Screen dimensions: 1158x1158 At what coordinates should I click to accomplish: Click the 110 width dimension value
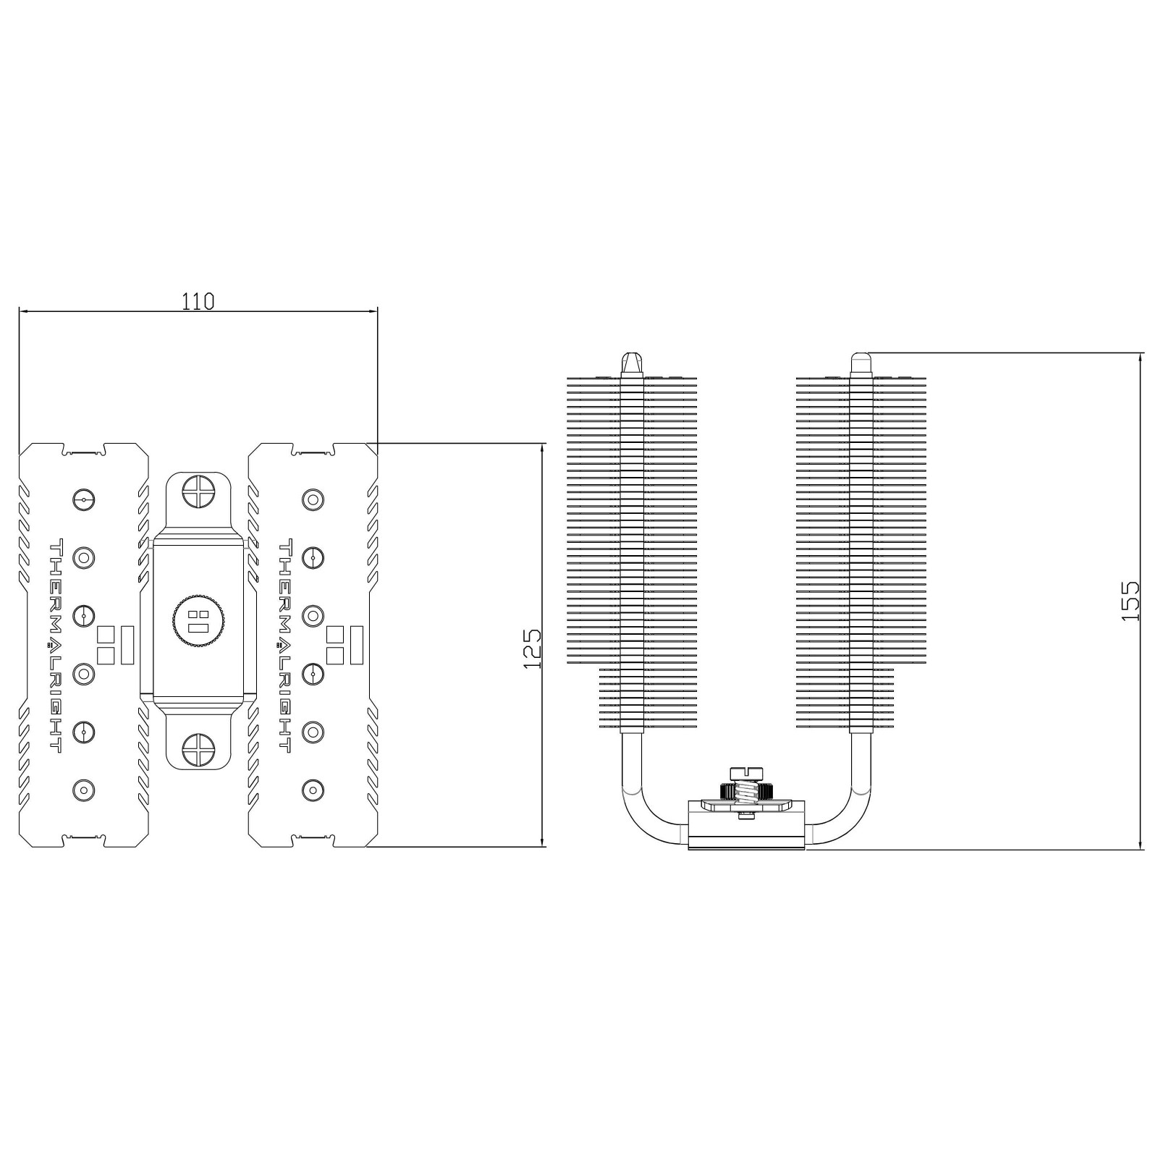pos(198,300)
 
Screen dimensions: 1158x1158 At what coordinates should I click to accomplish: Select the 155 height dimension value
pos(1129,600)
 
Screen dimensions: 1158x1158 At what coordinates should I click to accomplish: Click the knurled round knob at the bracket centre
pos(198,620)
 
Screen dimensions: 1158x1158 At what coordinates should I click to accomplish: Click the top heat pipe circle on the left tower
pos(84,499)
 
